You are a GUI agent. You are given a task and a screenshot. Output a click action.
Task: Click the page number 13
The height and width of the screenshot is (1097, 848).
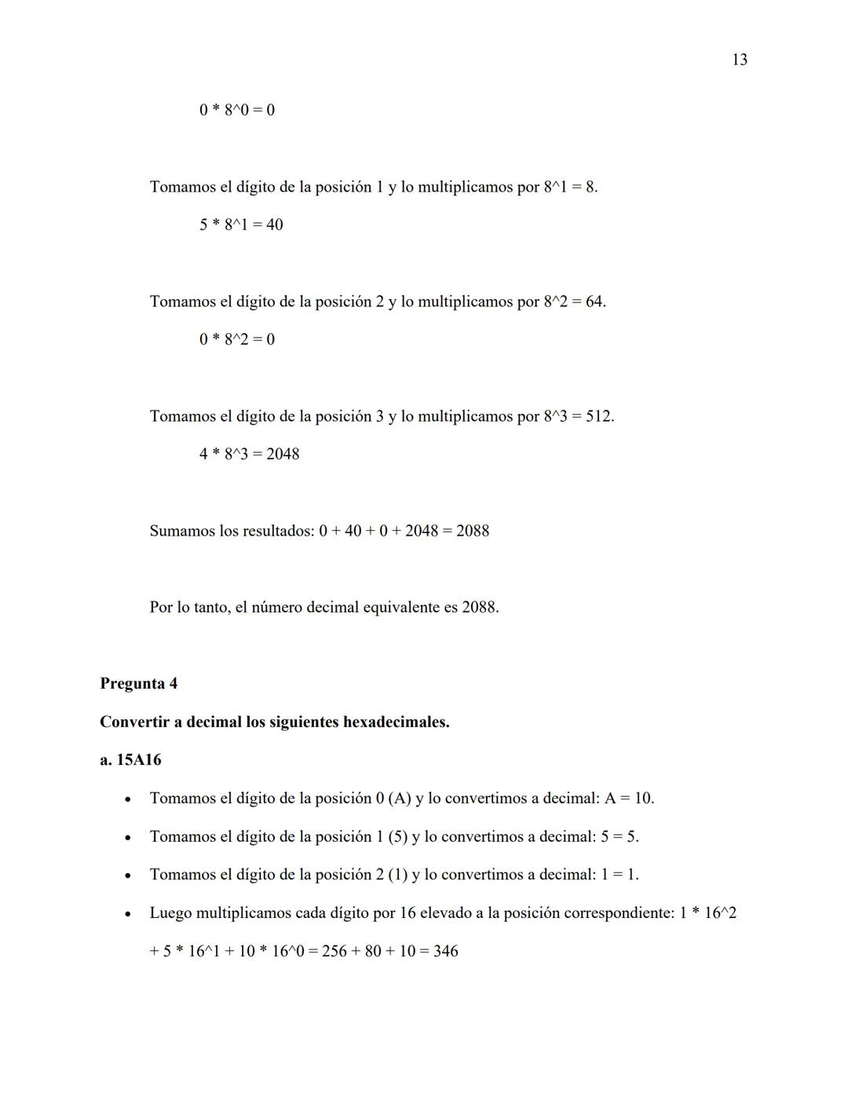[739, 60]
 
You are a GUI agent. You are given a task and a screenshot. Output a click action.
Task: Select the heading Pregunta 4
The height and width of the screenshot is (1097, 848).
[138, 683]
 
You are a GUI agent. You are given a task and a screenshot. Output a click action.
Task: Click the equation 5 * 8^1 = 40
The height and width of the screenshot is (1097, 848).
[241, 225]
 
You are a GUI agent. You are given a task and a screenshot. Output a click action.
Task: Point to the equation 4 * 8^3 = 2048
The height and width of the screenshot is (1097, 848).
[249, 454]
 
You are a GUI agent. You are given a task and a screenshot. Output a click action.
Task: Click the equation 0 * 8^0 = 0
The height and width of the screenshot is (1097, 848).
[236, 110]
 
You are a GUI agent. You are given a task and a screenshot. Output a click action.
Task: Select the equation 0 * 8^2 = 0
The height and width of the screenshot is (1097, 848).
[236, 339]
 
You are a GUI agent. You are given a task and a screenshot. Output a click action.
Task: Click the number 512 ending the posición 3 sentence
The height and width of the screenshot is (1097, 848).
[598, 416]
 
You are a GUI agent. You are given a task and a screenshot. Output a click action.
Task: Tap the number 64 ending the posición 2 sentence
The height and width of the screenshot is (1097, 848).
[594, 302]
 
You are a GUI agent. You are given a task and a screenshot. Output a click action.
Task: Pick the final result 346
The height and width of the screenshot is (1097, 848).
[445, 951]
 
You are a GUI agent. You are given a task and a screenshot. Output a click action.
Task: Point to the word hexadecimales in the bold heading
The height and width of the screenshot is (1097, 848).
[396, 722]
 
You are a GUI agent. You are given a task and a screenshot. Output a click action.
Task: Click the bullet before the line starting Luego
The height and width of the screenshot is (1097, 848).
[126, 913]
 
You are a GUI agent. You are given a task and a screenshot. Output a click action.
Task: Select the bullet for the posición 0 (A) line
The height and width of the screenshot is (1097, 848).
[126, 799]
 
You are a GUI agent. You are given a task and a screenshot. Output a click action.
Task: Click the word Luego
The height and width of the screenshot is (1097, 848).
[170, 913]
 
